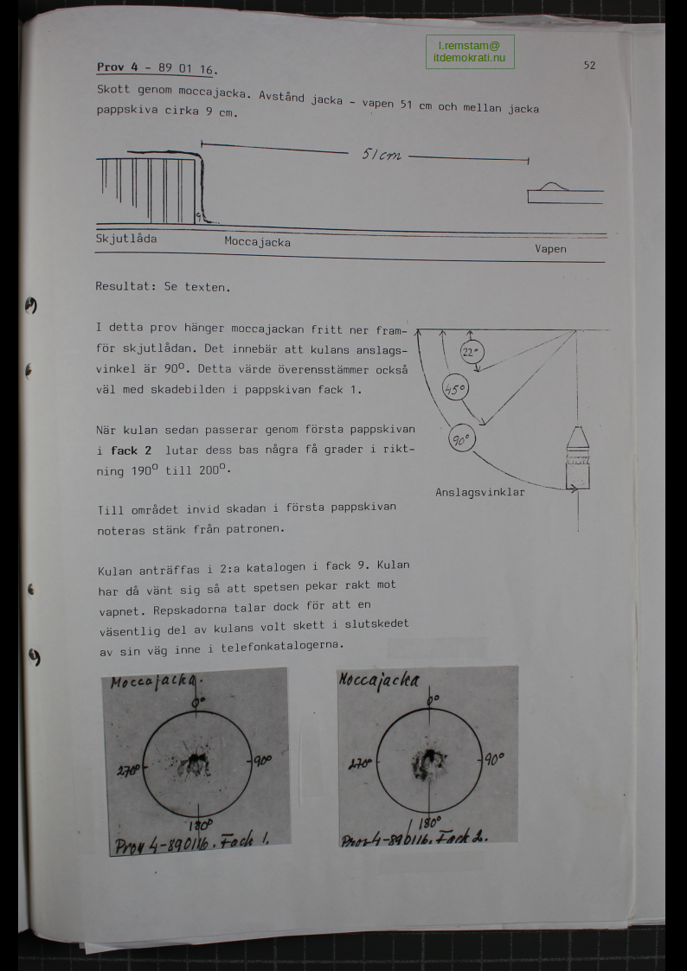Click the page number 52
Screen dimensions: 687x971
tap(589, 65)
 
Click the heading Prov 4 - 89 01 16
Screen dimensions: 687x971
tap(157, 68)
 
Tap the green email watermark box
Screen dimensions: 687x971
tap(470, 51)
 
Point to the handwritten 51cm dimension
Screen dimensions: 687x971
tap(382, 155)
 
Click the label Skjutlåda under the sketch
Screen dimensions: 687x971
tap(126, 239)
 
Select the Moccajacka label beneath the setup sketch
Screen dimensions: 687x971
tap(257, 241)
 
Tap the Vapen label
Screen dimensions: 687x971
tap(550, 249)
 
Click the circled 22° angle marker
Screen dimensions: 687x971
tap(472, 353)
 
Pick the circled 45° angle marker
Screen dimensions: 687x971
tap(455, 389)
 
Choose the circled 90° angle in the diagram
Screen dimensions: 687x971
tap(461, 439)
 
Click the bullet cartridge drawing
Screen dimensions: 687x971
tap(577, 457)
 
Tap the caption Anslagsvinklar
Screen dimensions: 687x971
tap(480, 492)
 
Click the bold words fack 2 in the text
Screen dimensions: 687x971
tap(131, 450)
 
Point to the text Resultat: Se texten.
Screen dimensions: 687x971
tap(163, 287)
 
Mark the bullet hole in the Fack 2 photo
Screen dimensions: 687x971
tap(428, 763)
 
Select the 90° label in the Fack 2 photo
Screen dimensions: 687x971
tap(493, 758)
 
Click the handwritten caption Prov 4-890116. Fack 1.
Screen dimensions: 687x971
tap(192, 843)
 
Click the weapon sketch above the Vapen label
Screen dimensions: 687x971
tap(565, 193)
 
